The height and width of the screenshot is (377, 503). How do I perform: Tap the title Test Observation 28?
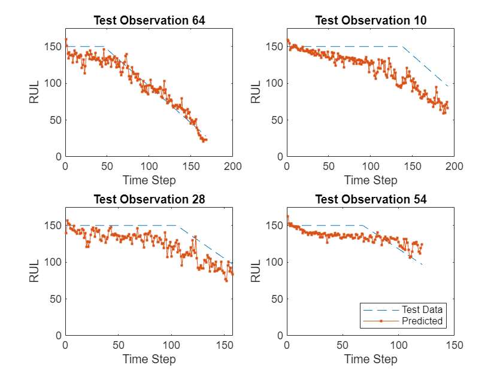coord(149,200)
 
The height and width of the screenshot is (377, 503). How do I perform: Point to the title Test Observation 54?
coord(371,200)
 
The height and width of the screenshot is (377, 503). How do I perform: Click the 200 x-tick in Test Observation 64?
coord(233,166)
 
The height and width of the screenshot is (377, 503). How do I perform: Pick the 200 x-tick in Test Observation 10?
coord(454,166)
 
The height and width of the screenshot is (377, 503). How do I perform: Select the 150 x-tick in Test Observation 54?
coord(454,345)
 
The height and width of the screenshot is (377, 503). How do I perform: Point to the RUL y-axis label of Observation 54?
coord(256,271)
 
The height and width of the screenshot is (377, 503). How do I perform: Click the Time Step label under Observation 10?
coord(371,180)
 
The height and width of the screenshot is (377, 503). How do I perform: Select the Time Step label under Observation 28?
coord(149,359)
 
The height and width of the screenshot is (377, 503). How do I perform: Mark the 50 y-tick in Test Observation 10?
coord(277,120)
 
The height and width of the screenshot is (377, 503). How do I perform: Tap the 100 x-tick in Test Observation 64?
coord(149,166)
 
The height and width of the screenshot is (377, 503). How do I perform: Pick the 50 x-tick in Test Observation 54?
coord(343,345)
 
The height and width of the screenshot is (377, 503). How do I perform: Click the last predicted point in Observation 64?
coord(206,140)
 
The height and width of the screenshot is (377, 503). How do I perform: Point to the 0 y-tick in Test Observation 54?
coord(279,335)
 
